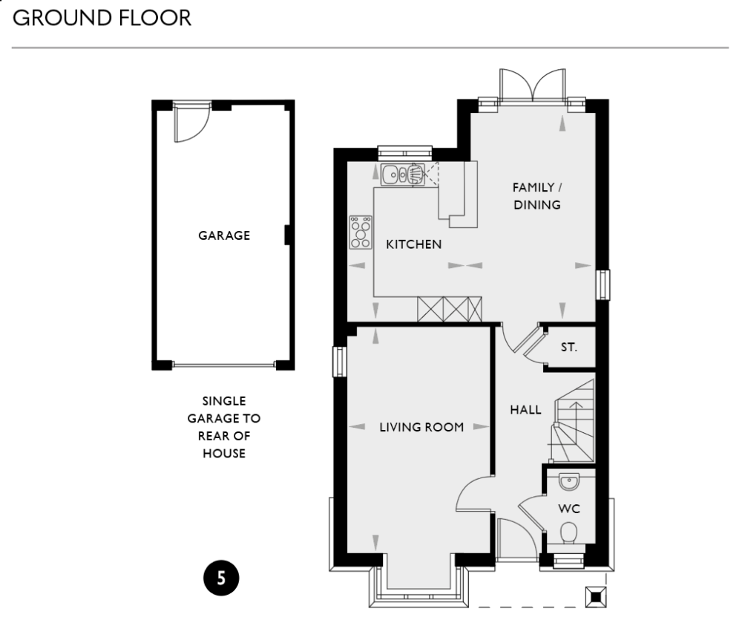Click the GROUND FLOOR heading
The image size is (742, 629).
tap(102, 19)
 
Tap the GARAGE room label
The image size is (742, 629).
tap(224, 236)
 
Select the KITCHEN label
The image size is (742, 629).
tap(413, 244)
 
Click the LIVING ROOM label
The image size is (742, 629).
tap(421, 427)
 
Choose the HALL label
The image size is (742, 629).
tap(525, 410)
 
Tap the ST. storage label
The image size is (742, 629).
tap(568, 347)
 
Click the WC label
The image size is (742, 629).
tap(568, 509)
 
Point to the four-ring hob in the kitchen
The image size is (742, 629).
tap(361, 232)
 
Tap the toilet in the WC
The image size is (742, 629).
tap(569, 532)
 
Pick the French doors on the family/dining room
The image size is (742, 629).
tap(532, 85)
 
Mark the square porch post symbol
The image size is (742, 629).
tap(595, 596)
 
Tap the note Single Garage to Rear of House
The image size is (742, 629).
tap(224, 427)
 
